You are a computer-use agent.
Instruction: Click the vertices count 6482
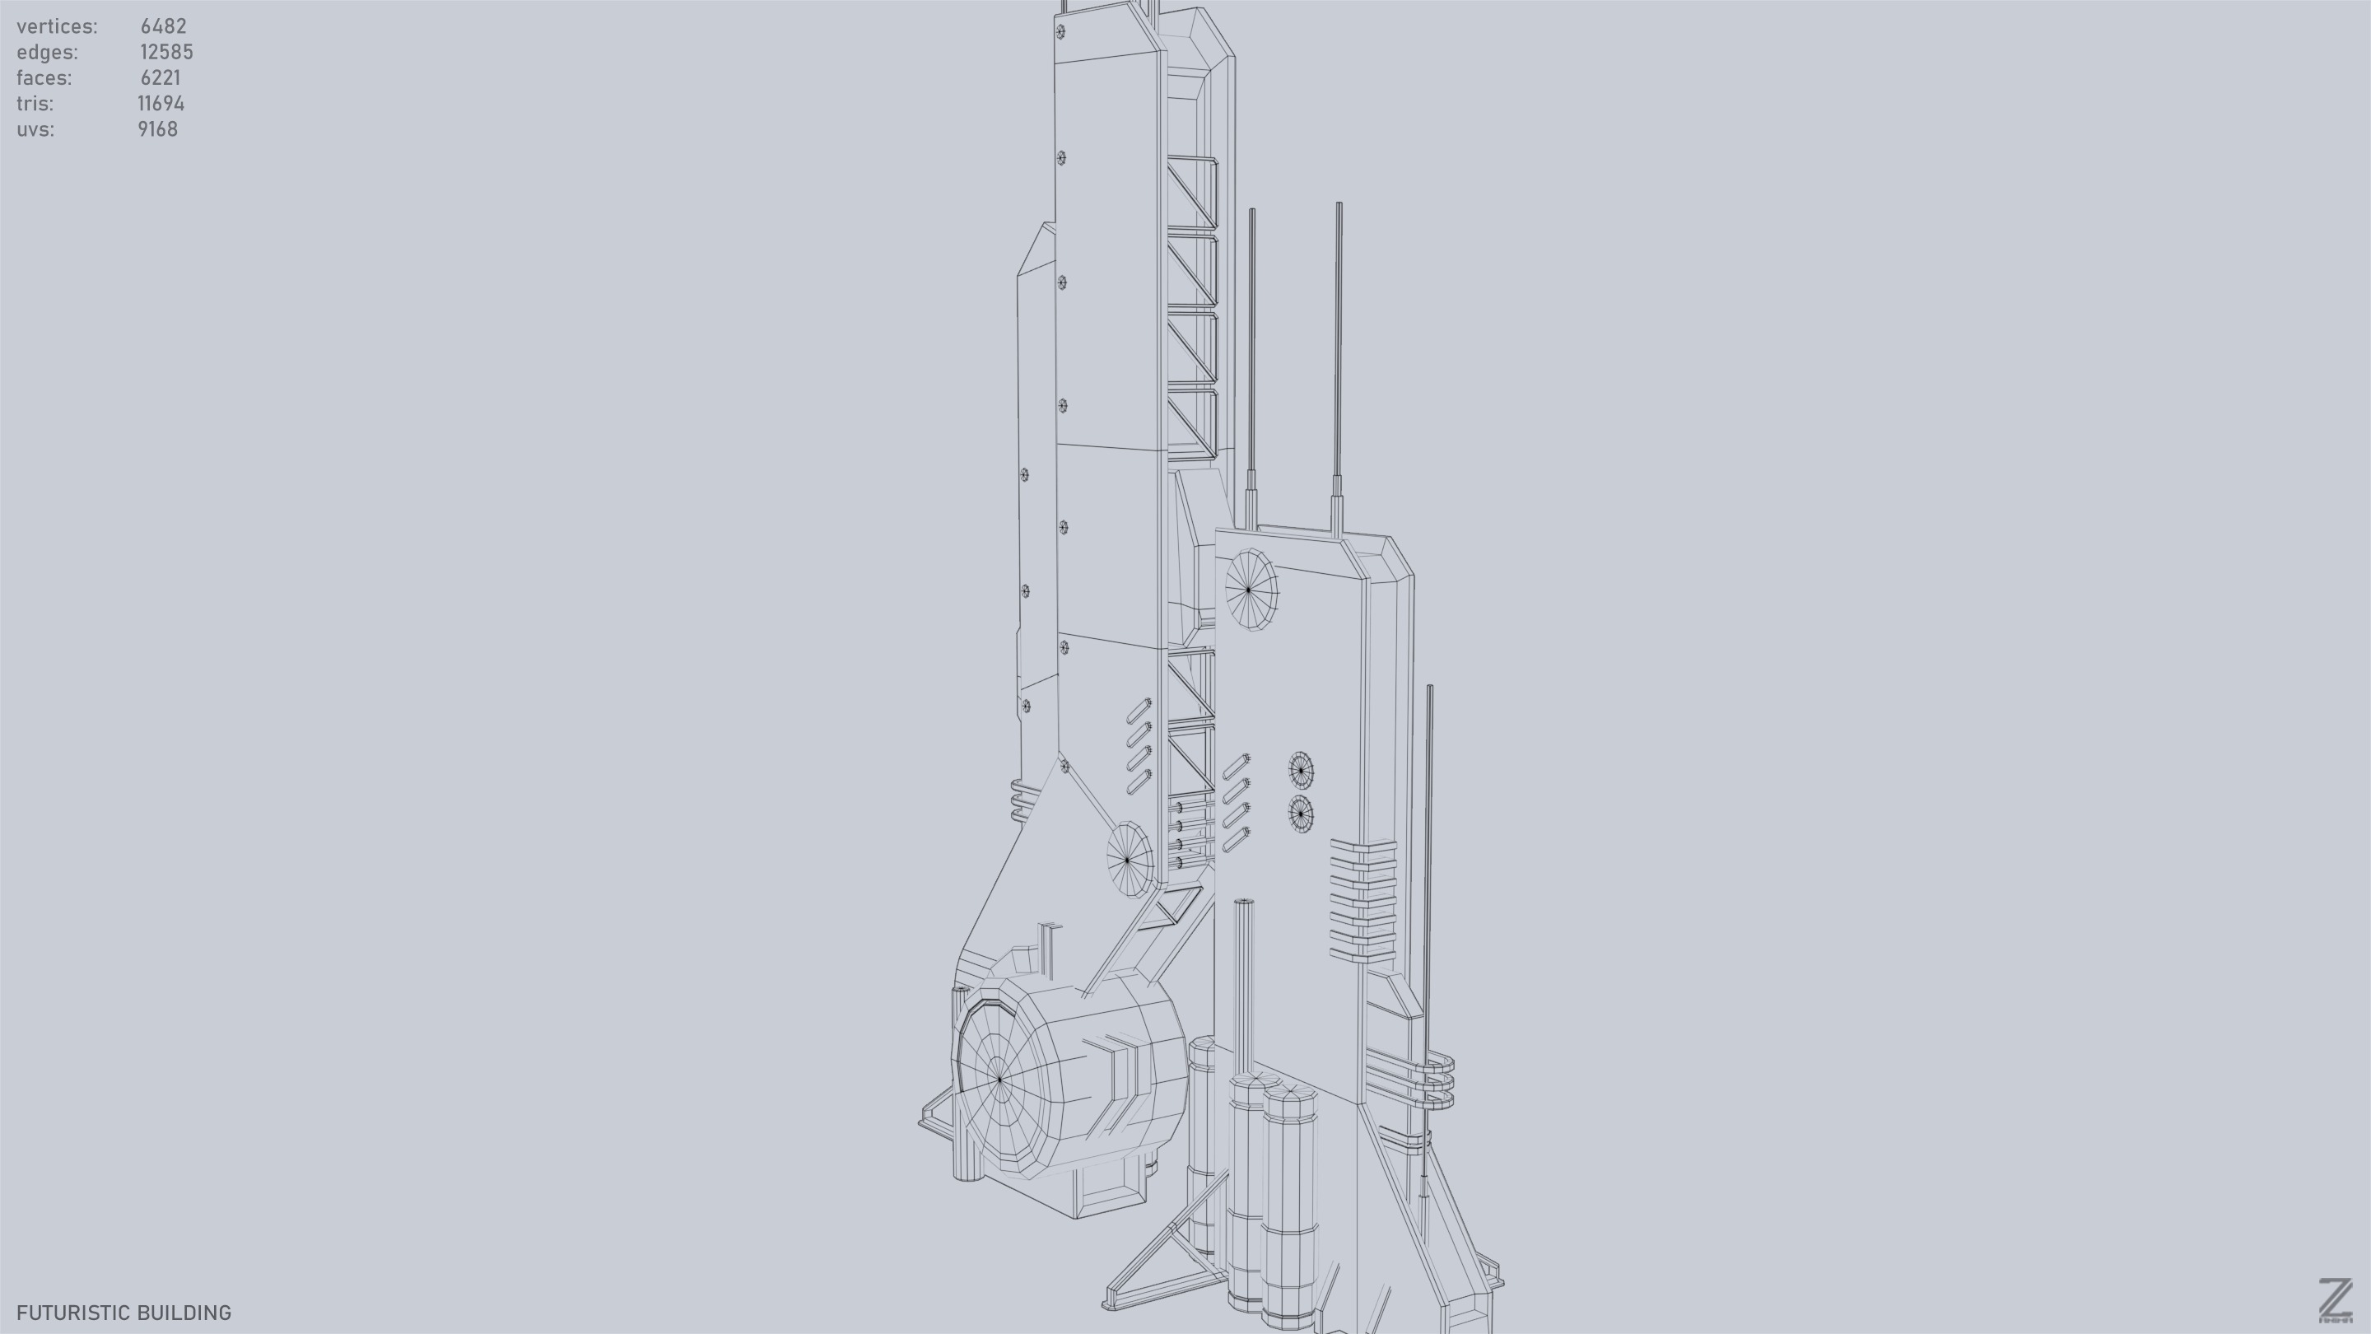coord(163,26)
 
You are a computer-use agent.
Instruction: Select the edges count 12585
coord(165,53)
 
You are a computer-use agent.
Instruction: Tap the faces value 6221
coord(161,78)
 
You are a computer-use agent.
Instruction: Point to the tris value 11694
coord(161,104)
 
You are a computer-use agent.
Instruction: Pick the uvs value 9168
coord(157,130)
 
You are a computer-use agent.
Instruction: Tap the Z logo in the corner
coord(2335,1299)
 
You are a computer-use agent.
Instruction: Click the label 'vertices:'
coord(57,26)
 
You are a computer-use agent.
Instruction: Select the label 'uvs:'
coord(35,130)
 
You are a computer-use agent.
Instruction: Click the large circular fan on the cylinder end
coord(999,1077)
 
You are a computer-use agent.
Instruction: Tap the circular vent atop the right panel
coord(1250,590)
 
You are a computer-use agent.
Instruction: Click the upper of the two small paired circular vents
coord(1301,770)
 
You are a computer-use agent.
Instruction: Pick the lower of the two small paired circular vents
coord(1300,814)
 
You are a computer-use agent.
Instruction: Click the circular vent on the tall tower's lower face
coord(1129,859)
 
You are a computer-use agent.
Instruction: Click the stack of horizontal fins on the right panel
coord(1363,899)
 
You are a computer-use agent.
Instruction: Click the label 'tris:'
coord(35,104)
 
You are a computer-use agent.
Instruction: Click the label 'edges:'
coord(47,53)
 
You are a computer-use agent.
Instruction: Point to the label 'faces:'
coord(44,78)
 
